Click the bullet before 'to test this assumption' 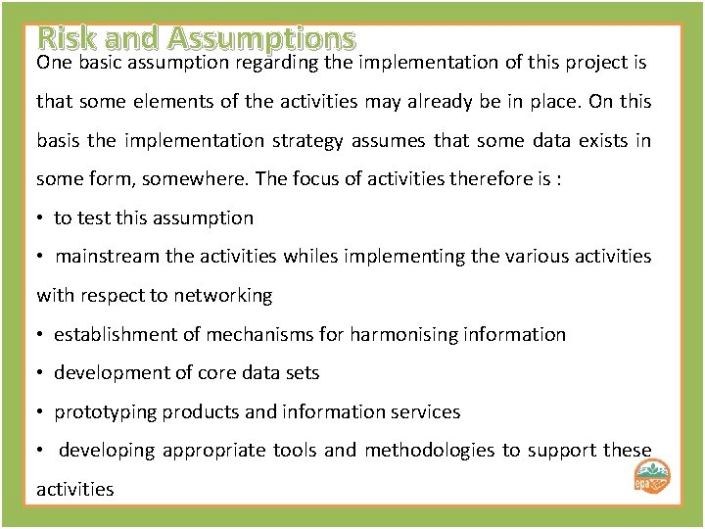(x=40, y=218)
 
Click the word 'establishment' (x=113, y=335)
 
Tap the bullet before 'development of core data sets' (x=40, y=373)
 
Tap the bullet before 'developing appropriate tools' (x=40, y=451)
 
